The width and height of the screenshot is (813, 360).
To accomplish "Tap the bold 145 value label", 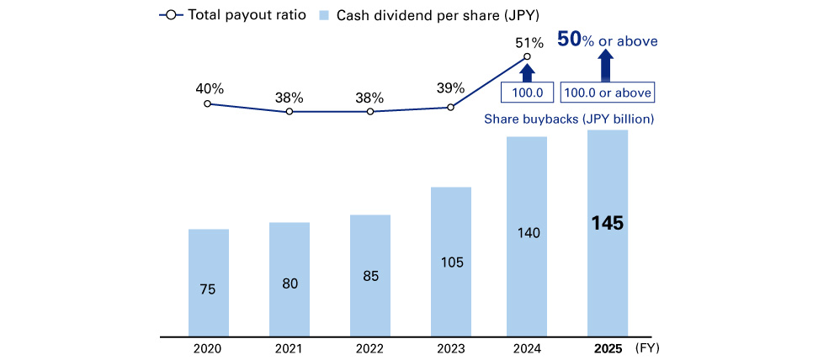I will (x=607, y=225).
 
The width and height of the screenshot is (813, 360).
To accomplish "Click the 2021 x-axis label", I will (x=289, y=347).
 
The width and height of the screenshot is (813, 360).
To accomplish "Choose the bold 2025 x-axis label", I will (x=607, y=347).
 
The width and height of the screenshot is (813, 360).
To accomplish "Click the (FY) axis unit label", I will (x=649, y=347).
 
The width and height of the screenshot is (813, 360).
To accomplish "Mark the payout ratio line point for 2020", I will (x=208, y=103).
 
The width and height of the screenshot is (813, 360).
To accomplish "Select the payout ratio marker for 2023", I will (x=450, y=107).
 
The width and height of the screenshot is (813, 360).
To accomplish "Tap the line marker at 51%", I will (x=526, y=57).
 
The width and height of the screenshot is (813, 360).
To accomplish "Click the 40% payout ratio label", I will (x=208, y=87).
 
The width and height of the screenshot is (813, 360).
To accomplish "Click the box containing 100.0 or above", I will (x=607, y=93).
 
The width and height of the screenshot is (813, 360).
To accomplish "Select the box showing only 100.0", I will (x=527, y=93).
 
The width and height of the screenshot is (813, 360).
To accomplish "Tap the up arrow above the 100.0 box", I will (x=527, y=71).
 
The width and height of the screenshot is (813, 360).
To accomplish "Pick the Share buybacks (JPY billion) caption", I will (x=569, y=119).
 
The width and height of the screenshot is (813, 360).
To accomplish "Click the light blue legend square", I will (x=324, y=15).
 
